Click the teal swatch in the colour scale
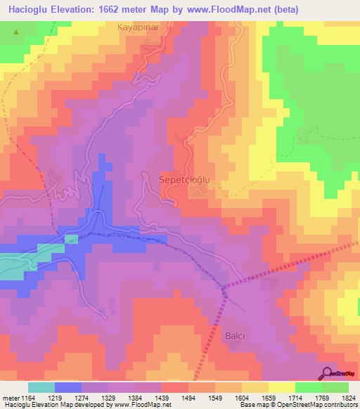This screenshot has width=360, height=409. pos(41,387)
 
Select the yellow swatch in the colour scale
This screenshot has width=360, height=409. pos(282,387)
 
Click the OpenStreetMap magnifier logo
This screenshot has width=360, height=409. pos(328,373)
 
